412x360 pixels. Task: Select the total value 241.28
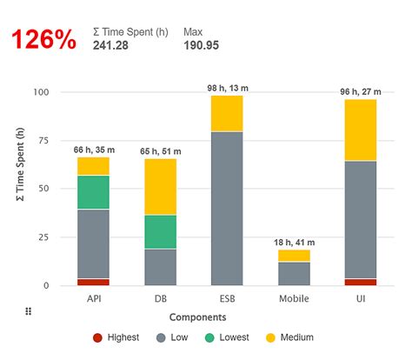pyautogui.click(x=110, y=45)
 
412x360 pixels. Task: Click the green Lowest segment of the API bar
pyautogui.click(x=93, y=192)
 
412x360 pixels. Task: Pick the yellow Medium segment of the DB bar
pyautogui.click(x=160, y=187)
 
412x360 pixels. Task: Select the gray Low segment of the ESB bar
pyautogui.click(x=227, y=208)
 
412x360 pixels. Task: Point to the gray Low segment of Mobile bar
pyautogui.click(x=294, y=273)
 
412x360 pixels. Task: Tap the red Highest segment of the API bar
pyautogui.click(x=93, y=282)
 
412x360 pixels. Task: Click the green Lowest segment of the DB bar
pyautogui.click(x=160, y=231)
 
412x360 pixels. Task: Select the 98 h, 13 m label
pyautogui.click(x=227, y=86)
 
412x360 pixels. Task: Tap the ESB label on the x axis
pyautogui.click(x=227, y=298)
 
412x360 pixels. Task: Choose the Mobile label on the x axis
pyautogui.click(x=294, y=298)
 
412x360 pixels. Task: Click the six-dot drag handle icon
pyautogui.click(x=28, y=311)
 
